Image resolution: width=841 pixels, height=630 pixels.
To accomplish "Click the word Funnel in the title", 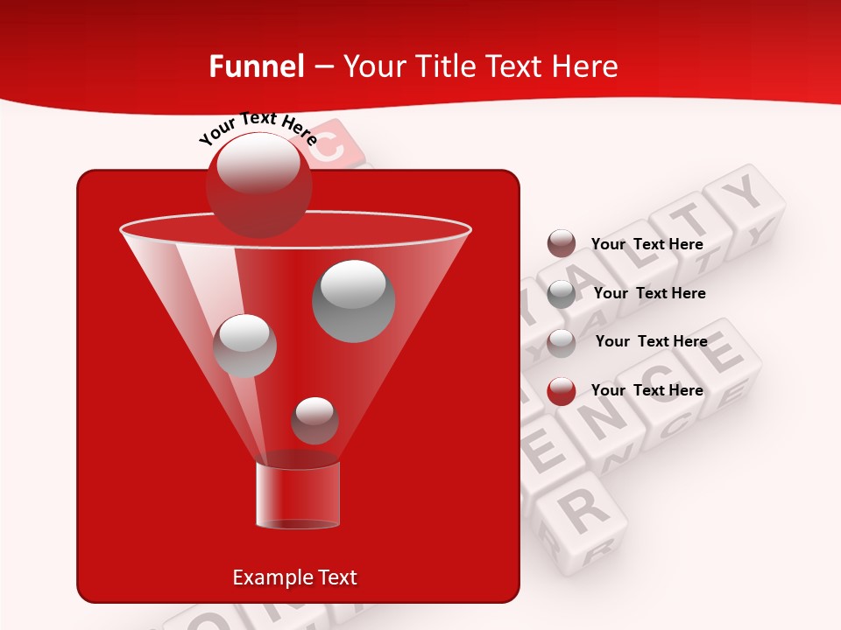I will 256,66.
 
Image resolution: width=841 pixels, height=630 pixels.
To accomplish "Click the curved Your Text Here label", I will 258,128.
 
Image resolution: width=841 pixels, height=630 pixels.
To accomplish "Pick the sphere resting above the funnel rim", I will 258,184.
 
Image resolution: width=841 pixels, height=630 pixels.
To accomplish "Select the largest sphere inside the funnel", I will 354,300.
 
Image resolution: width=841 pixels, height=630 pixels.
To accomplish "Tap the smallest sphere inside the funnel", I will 314,420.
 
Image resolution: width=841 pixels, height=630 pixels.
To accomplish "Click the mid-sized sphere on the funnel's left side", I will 245,346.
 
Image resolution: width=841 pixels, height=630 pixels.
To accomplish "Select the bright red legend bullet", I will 562,391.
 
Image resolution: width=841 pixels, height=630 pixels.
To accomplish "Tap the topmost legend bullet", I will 562,244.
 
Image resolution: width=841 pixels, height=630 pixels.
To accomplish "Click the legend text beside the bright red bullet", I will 647,390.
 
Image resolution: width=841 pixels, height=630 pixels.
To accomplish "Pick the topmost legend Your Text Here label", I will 647,244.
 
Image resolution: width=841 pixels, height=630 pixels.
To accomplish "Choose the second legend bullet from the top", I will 562,294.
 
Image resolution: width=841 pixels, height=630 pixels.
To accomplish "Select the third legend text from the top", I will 651,341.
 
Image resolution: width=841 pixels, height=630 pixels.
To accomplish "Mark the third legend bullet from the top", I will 562,343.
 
